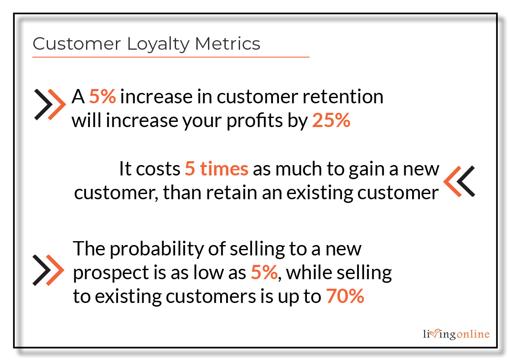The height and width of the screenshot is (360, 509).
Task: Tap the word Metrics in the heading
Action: point(227,44)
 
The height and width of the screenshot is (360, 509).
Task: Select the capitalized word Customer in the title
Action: point(77,44)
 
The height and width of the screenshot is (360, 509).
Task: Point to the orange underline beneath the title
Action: point(171,57)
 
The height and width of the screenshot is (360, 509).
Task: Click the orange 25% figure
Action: point(331,120)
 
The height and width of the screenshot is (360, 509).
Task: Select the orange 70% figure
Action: point(345,296)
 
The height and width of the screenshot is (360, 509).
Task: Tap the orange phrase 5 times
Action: point(217,169)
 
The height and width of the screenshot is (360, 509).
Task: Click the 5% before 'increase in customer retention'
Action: point(102,96)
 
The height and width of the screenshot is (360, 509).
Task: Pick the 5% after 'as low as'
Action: point(264,272)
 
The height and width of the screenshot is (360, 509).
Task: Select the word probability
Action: point(157,249)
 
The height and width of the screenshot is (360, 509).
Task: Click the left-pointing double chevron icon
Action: point(459,182)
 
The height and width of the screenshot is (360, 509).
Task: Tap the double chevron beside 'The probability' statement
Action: point(48,270)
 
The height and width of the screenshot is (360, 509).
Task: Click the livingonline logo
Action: point(456,334)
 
